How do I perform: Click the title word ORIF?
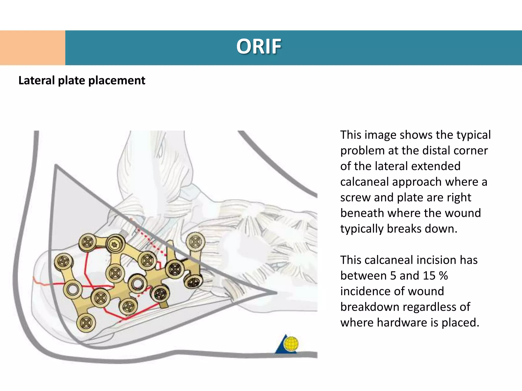pos(258,47)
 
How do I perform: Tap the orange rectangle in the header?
pos(32,48)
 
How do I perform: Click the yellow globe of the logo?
pos(291,344)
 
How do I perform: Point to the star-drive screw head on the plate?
pos(115,244)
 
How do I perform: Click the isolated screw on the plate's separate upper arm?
pos(195,242)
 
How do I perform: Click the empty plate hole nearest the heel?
pos(73,289)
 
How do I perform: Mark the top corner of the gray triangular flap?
pos(56,165)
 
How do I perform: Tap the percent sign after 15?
pos(443,276)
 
